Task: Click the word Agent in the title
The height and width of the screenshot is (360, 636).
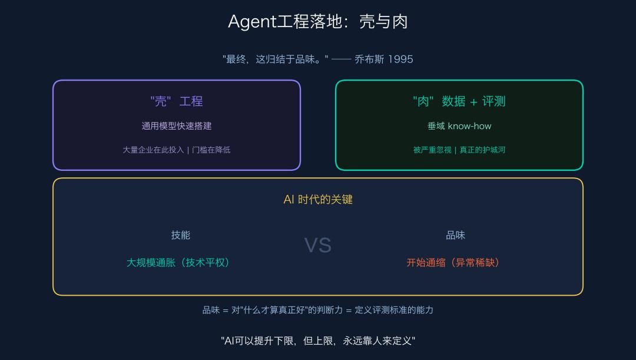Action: [252, 22]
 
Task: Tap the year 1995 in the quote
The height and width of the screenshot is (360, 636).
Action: [400, 59]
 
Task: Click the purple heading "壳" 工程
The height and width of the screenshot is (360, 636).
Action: [177, 101]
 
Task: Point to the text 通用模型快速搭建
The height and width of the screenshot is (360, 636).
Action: [177, 126]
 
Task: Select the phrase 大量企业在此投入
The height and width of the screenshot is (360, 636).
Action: [153, 150]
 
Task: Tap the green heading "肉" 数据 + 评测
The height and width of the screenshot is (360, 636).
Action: [459, 101]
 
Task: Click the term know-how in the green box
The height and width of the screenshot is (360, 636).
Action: [469, 126]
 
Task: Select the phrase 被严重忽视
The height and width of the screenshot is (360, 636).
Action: [432, 150]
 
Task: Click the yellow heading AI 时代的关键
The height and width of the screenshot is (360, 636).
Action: [318, 200]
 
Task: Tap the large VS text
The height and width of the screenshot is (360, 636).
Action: [318, 245]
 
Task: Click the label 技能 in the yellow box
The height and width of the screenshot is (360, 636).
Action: [181, 235]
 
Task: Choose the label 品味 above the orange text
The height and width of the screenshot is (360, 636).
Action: [456, 235]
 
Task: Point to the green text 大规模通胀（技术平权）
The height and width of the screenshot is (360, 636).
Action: [178, 263]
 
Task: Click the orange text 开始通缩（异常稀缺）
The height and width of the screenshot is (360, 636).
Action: [453, 263]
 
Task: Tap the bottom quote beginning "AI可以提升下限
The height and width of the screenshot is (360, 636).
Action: [318, 341]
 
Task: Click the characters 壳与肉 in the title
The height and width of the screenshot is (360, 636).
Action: [383, 22]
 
